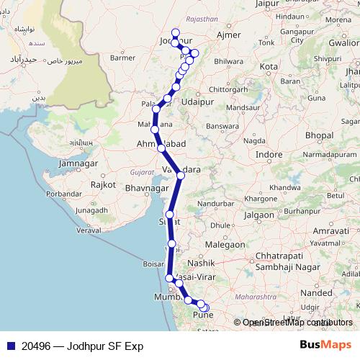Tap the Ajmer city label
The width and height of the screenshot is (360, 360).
[230, 35]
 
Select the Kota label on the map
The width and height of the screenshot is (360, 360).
[269, 66]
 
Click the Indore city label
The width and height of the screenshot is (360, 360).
[269, 155]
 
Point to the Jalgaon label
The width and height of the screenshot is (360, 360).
[258, 215]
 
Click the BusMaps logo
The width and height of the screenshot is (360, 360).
[326, 346]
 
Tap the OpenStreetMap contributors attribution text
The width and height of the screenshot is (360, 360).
[297, 323]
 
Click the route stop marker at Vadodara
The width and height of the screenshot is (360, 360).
[181, 175]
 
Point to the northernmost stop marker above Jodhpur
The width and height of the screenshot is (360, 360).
[175, 31]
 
